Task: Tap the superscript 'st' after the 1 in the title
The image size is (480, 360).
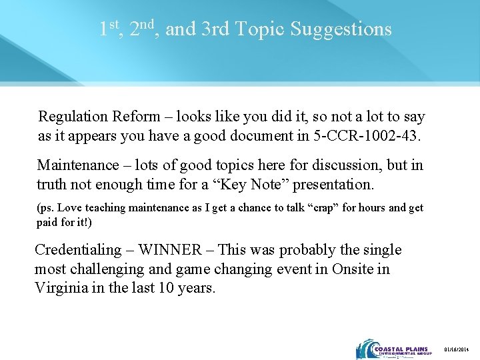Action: (114, 25)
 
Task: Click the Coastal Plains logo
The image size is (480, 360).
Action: (394, 349)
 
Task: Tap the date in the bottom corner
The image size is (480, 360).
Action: (459, 349)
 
